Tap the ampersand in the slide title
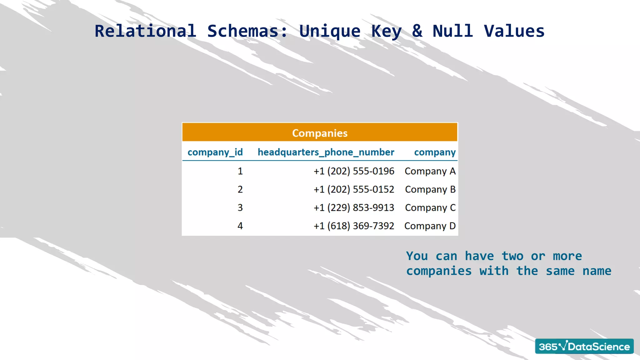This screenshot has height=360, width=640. [417, 31]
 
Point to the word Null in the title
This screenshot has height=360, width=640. [452, 31]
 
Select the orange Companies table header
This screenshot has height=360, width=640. [320, 133]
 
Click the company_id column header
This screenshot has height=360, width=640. [215, 152]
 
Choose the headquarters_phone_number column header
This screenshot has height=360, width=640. [326, 152]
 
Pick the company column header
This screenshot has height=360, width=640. [435, 152]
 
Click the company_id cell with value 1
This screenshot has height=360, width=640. [240, 171]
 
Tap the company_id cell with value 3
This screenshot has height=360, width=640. [240, 208]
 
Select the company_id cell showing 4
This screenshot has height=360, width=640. [240, 226]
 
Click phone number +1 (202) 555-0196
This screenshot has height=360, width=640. [354, 171]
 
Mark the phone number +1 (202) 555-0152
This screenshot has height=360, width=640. [354, 189]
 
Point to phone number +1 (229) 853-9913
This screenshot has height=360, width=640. [354, 208]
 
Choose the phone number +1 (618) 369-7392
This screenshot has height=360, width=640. [354, 226]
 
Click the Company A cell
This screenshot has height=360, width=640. [430, 171]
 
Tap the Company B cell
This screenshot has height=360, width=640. [430, 189]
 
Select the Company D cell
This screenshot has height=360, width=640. [430, 226]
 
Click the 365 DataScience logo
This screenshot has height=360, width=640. [584, 346]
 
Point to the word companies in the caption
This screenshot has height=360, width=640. [439, 271]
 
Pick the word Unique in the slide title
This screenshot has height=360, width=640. [330, 31]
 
